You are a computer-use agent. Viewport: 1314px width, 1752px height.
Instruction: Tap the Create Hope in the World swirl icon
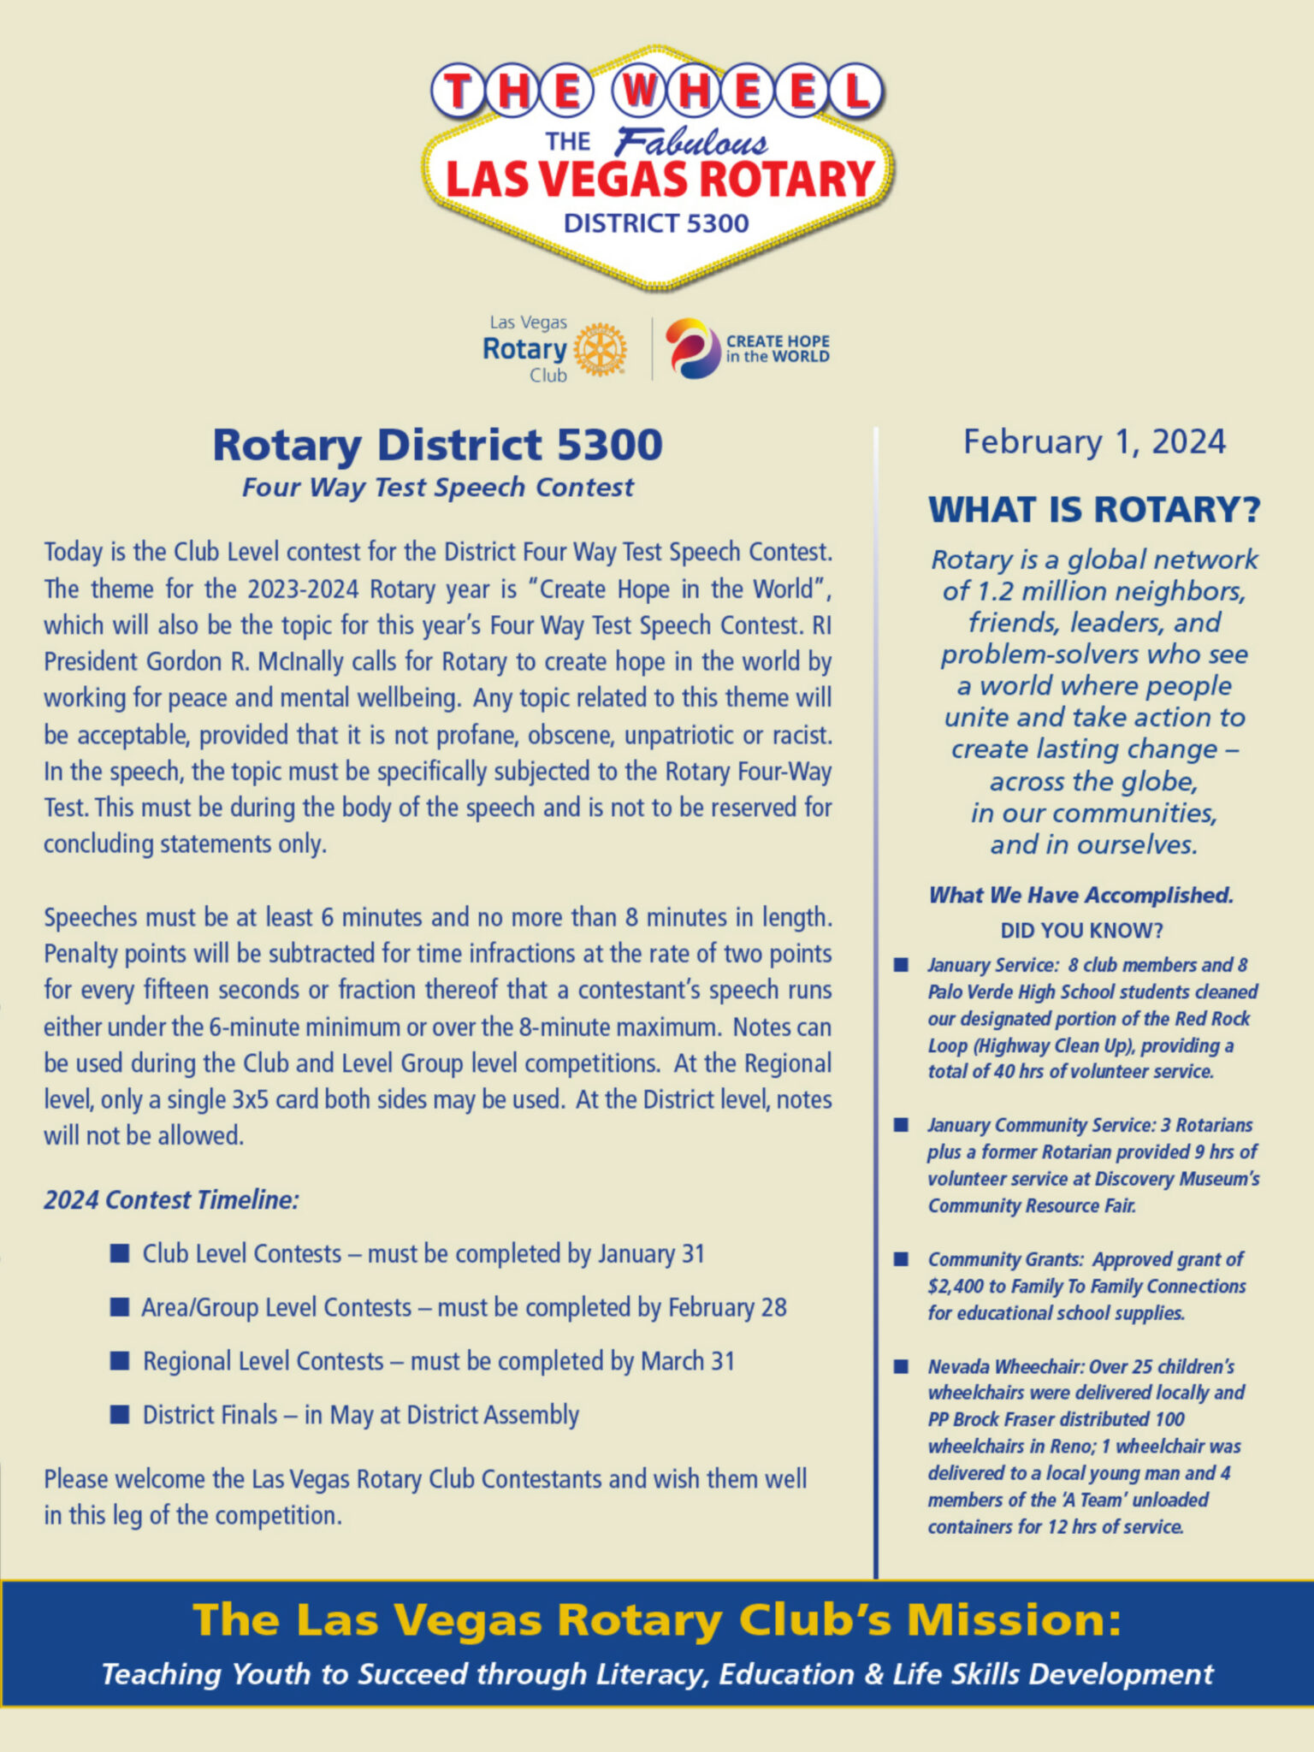point(693,348)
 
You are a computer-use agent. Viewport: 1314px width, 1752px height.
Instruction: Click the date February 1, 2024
point(1094,442)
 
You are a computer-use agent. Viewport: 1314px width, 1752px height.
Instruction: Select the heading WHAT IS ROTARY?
point(1094,510)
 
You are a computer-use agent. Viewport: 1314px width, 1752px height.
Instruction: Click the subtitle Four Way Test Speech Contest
point(438,488)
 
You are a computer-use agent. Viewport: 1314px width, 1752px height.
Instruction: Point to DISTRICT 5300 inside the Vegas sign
point(656,224)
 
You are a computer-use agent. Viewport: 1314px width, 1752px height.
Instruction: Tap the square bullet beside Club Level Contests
point(120,1254)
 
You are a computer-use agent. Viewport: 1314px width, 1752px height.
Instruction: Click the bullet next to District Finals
point(120,1415)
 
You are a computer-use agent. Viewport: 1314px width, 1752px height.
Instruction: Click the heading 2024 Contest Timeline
point(171,1200)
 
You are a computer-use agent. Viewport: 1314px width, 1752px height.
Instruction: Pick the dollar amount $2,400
point(955,1287)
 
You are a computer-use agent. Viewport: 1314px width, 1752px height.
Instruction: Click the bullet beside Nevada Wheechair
point(901,1366)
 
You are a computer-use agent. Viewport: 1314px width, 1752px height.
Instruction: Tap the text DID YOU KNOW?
point(1081,931)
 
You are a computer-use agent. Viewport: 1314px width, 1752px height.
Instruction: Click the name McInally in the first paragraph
point(296,662)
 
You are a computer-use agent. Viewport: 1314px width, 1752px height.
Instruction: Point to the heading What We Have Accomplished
point(1081,896)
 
